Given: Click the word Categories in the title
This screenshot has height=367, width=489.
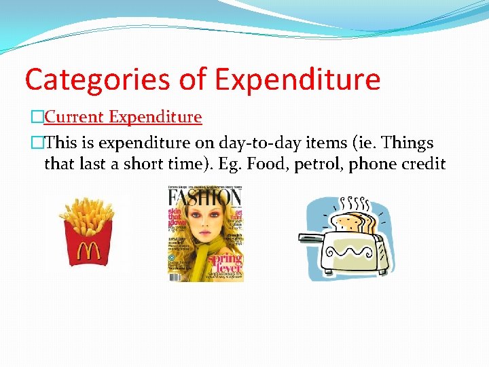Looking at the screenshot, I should click(x=97, y=80).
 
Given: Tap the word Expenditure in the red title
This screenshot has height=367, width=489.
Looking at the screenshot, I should click(x=298, y=80).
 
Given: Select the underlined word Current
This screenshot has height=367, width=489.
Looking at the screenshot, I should click(x=73, y=117).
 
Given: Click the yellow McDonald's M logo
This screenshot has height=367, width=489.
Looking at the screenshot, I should click(x=88, y=252).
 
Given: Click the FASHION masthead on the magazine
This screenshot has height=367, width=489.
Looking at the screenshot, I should click(x=205, y=200).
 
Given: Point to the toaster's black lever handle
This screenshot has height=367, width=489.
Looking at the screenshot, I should click(x=310, y=237).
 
